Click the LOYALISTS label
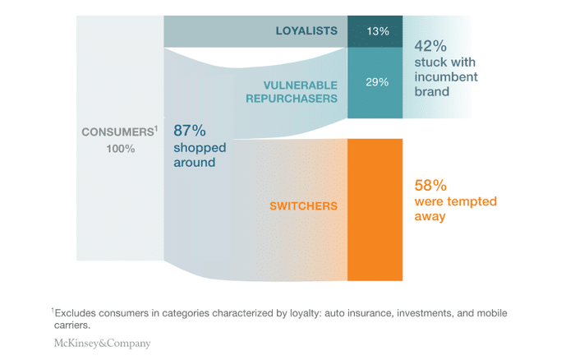tap(306, 31)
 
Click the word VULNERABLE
tap(301, 85)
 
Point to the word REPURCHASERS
tap(292, 98)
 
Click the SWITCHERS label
tap(304, 205)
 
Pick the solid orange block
tap(375, 210)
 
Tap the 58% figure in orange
tap(432, 184)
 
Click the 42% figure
tap(430, 45)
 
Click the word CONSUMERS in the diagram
tap(114, 132)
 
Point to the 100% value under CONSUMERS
tap(120, 149)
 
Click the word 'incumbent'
tap(445, 77)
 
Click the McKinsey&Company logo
tap(103, 344)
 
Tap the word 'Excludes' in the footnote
tap(79, 313)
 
